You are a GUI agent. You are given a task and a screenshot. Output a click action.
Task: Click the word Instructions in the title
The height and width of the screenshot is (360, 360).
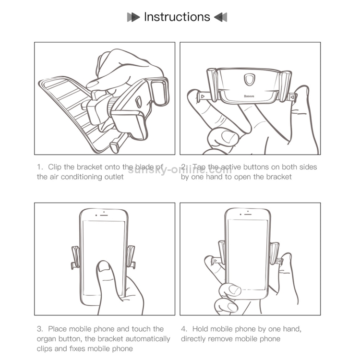coord(177,17)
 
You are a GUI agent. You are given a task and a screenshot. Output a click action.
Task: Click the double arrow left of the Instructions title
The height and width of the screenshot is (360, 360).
coord(133,17)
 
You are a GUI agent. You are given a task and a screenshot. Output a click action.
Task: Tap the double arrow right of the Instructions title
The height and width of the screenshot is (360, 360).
coord(221,17)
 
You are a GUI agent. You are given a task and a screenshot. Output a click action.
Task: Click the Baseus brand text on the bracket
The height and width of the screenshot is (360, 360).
coord(249,96)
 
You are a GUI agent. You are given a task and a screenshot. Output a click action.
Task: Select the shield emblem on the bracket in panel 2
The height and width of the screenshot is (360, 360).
coord(249,79)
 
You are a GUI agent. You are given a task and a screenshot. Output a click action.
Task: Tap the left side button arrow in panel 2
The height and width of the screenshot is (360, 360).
coord(203,96)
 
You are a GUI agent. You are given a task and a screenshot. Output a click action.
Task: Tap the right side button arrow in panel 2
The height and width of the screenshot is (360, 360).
coord(292,97)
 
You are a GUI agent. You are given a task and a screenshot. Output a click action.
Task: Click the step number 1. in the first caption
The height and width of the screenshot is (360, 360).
coord(40,167)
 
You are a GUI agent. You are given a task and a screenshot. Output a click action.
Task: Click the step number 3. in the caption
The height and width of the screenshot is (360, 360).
coord(40,329)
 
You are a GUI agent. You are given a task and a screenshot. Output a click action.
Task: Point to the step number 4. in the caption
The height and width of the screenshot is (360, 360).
coord(184,329)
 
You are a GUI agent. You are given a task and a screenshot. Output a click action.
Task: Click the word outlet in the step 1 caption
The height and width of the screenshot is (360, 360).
coord(114,177)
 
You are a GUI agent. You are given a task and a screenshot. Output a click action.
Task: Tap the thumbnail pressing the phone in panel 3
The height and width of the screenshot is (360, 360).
coord(104,266)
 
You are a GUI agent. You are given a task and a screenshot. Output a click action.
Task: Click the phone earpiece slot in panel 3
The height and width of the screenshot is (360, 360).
coord(104,215)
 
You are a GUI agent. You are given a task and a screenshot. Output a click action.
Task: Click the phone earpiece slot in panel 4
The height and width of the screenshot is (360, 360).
coord(248,214)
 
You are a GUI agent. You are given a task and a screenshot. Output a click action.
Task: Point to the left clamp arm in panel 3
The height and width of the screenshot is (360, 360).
coord(75,257)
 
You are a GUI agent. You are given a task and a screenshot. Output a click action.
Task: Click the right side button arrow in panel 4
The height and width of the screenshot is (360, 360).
coord(279,261)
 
